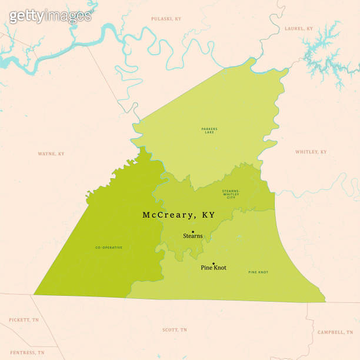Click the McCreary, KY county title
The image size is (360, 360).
[x=179, y=215]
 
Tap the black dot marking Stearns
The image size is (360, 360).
[x=193, y=232]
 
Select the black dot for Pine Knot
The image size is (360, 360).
[x=213, y=264]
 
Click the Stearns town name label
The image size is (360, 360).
[x=192, y=236]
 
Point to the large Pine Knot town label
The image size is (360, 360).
[x=214, y=268]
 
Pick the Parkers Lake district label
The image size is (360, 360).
[x=209, y=131]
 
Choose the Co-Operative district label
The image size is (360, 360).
[x=109, y=248]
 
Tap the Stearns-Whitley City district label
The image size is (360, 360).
[x=231, y=194]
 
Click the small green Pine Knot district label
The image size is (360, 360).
[x=258, y=272]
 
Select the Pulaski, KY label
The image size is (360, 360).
[x=166, y=19]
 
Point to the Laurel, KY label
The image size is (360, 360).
[x=299, y=28]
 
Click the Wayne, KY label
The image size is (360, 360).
[x=51, y=154]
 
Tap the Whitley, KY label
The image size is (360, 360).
[x=311, y=152]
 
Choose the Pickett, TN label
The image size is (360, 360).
[x=24, y=320]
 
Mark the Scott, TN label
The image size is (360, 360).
[x=175, y=330]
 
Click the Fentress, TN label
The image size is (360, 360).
[x=26, y=352]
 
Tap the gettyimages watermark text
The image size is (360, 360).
[x=50, y=16]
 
